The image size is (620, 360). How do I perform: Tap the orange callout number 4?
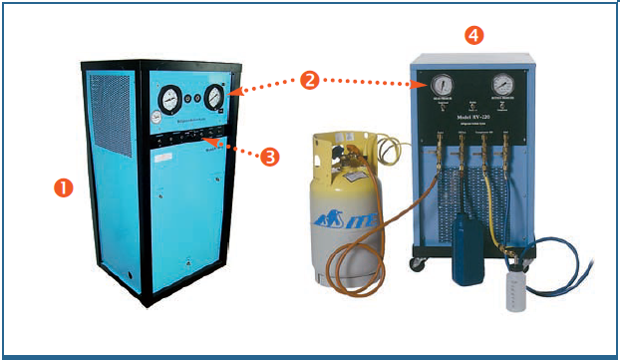(x=475, y=34)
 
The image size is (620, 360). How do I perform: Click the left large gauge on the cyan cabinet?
(x=172, y=98)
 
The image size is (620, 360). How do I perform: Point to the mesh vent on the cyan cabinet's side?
(x=109, y=116)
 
